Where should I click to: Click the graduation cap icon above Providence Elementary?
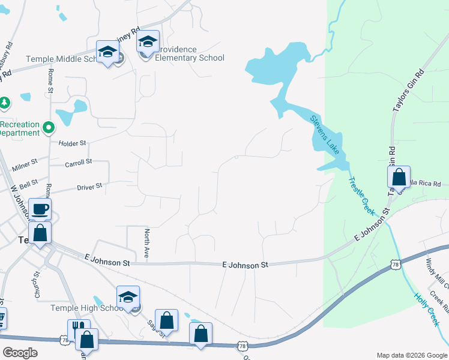tap(148, 42)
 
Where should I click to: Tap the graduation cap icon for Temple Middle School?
tap(108, 52)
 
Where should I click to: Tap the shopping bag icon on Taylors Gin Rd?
tap(399, 178)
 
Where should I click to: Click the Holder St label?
tap(73, 143)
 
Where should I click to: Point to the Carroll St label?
tap(78, 162)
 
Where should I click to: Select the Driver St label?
tap(89, 187)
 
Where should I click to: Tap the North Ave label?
tap(146, 244)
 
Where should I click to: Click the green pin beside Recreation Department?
tap(49, 127)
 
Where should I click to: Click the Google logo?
tap(20, 353)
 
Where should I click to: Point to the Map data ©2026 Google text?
tap(411, 355)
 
